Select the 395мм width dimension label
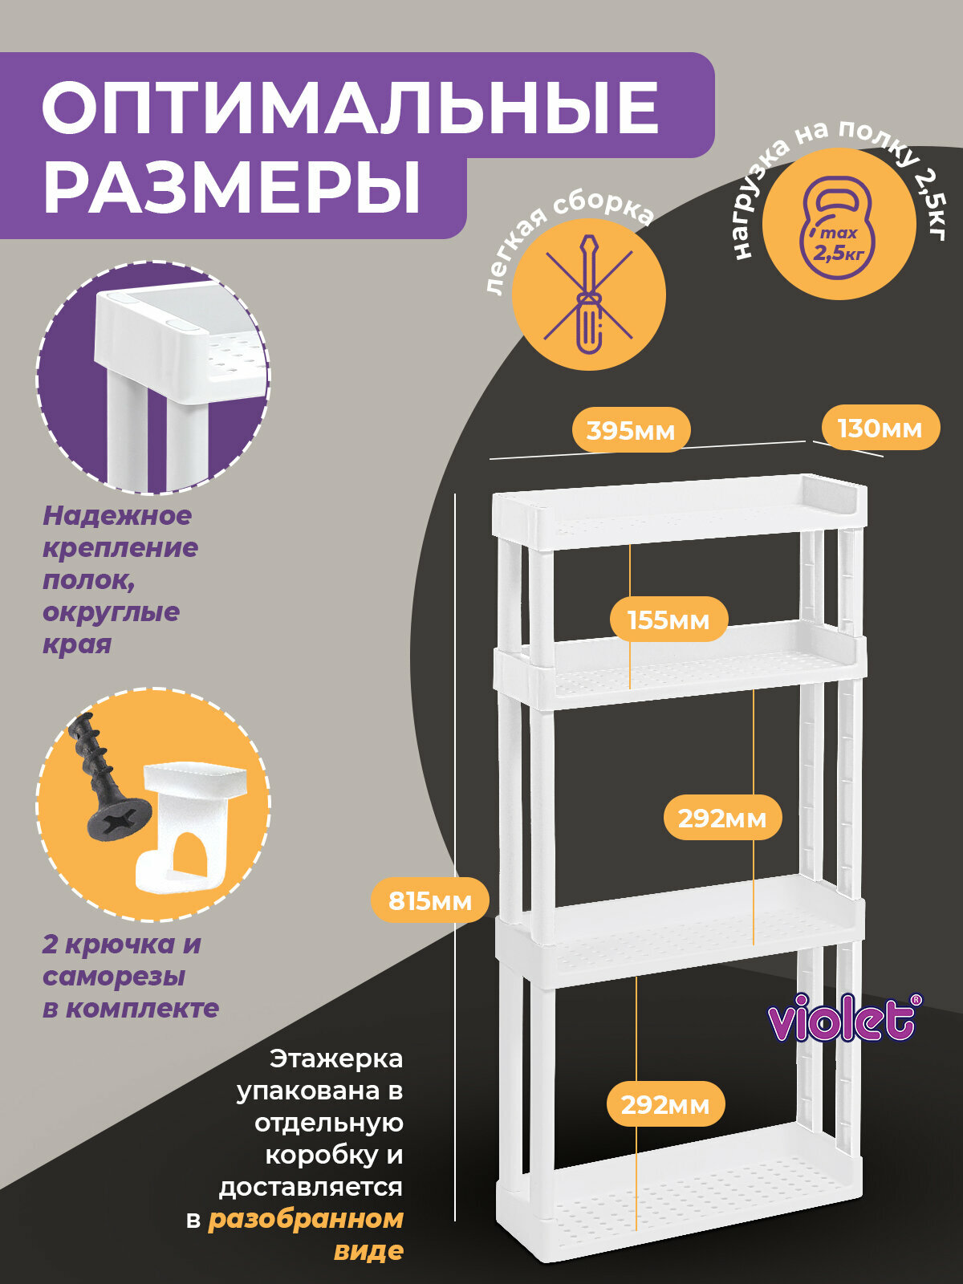coord(630,430)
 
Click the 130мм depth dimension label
coord(880,428)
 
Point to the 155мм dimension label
coord(668,620)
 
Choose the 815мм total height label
coord(430,900)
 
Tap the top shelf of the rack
coord(679,514)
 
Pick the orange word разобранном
coord(305,1219)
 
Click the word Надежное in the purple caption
coord(117,515)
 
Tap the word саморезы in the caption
coord(114,977)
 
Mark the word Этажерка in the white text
coord(336,1058)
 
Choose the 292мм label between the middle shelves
coord(721,818)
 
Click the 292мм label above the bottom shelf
coord(665,1105)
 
